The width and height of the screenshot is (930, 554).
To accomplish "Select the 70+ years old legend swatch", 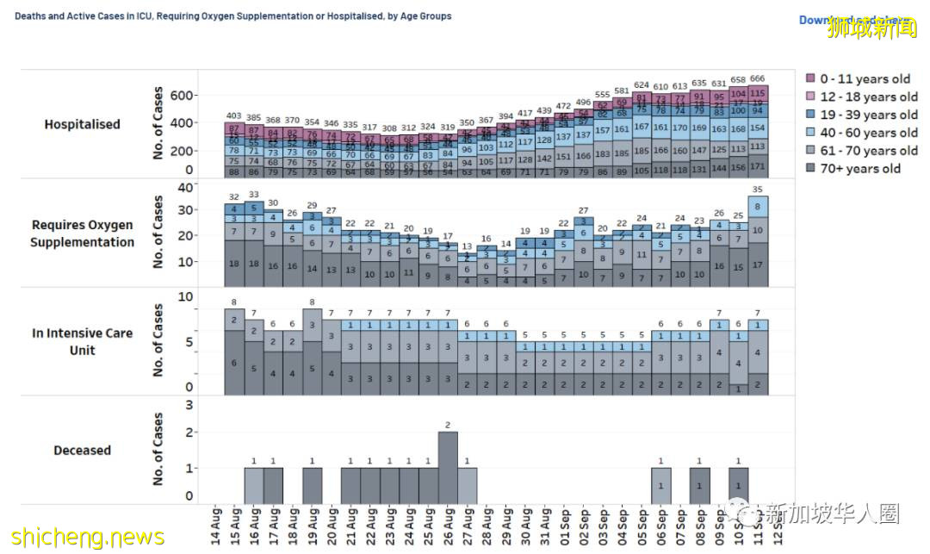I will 810,169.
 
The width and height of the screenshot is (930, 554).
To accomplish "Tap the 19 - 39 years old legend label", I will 867,115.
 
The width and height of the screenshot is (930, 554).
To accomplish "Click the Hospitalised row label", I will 83,124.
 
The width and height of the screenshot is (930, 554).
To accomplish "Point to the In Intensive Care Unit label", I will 83,341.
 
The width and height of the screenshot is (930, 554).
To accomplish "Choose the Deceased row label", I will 83,451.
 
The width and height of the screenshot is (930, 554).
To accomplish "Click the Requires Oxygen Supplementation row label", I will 83,233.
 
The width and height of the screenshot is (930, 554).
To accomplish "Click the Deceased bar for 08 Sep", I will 700,486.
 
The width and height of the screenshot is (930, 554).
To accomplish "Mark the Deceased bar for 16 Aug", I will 253,486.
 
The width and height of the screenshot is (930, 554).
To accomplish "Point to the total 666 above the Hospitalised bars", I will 758,79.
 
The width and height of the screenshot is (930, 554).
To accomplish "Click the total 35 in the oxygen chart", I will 758,190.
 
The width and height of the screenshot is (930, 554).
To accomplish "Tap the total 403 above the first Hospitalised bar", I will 233,115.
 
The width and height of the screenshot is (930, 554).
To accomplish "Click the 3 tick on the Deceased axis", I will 189,405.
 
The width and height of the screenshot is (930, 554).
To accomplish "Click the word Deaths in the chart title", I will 32,16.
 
